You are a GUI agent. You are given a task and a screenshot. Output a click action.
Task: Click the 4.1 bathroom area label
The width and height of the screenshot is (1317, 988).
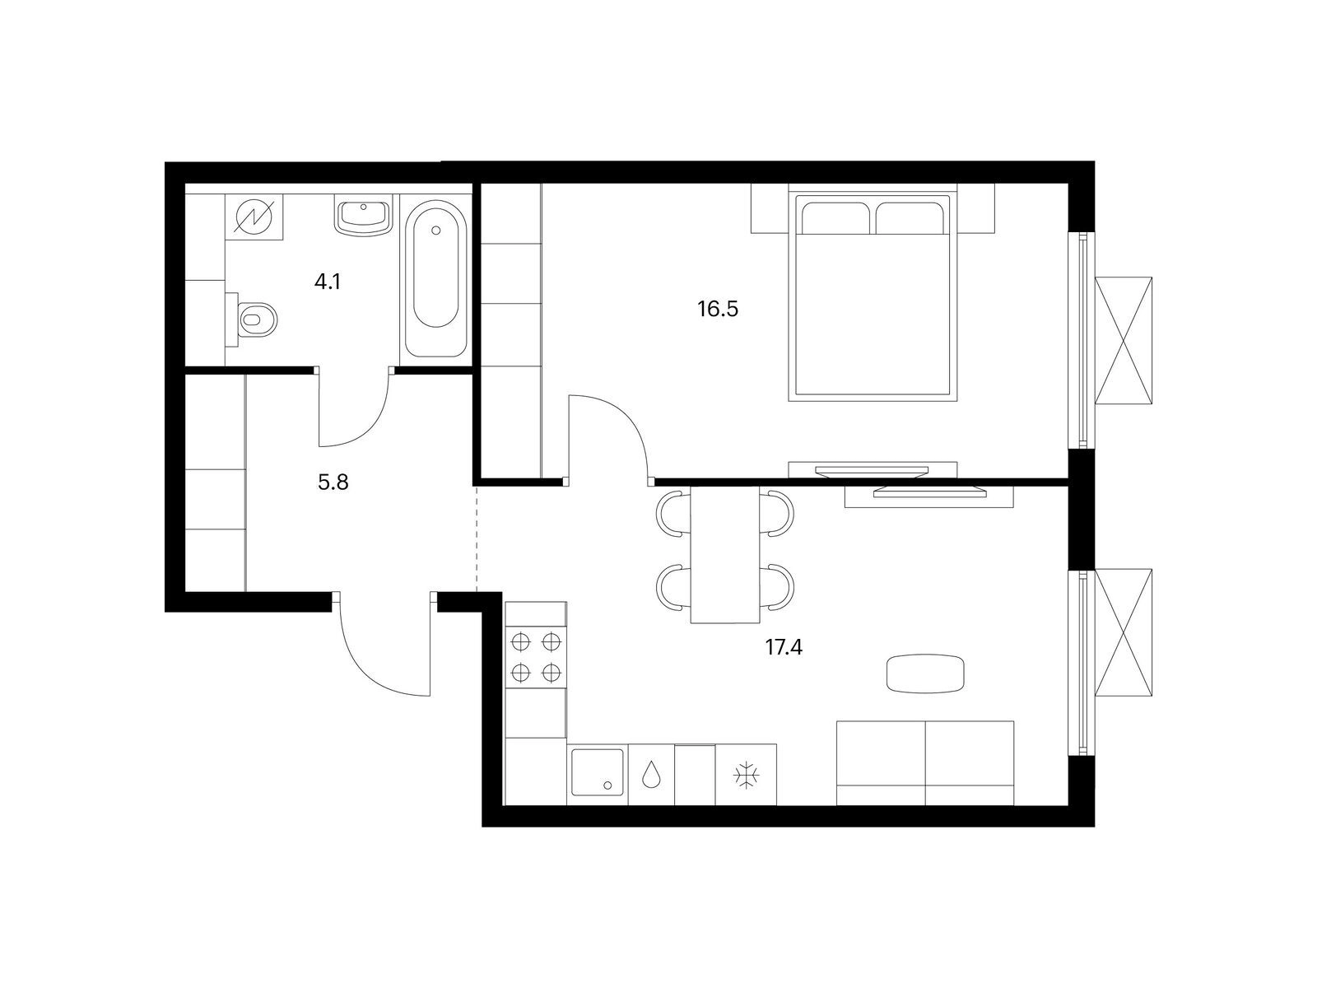pyautogui.click(x=327, y=282)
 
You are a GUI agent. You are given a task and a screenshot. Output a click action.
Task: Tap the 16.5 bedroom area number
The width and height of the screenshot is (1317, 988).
pyautogui.click(x=718, y=309)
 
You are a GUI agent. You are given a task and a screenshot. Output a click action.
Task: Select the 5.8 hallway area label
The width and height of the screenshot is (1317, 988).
pyautogui.click(x=333, y=482)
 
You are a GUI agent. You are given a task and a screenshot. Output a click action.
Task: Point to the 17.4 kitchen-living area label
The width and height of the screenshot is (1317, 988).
pyautogui.click(x=784, y=647)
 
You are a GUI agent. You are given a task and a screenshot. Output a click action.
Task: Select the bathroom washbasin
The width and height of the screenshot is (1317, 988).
pyautogui.click(x=364, y=217)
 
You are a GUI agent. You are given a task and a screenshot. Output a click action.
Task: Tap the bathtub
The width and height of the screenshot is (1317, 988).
pyautogui.click(x=436, y=278)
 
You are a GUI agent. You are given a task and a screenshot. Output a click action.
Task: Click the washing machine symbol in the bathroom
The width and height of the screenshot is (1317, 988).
pyautogui.click(x=254, y=217)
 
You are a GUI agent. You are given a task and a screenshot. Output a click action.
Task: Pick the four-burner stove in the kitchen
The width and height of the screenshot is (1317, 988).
pyautogui.click(x=536, y=658)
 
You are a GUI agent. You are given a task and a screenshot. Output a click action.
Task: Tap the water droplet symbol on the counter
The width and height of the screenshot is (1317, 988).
pyautogui.click(x=650, y=775)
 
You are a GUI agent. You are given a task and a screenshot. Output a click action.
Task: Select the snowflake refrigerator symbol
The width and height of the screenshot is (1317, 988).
pyautogui.click(x=747, y=775)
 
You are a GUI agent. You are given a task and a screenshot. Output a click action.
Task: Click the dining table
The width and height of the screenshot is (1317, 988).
pyautogui.click(x=725, y=554)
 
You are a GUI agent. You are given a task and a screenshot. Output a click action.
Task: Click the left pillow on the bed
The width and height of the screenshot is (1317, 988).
pyautogui.click(x=835, y=218)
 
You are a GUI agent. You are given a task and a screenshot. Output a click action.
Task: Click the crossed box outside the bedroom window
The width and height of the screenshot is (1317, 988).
pyautogui.click(x=1124, y=342)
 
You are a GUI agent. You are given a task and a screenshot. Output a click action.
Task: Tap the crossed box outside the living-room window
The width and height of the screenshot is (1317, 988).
pyautogui.click(x=1124, y=632)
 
